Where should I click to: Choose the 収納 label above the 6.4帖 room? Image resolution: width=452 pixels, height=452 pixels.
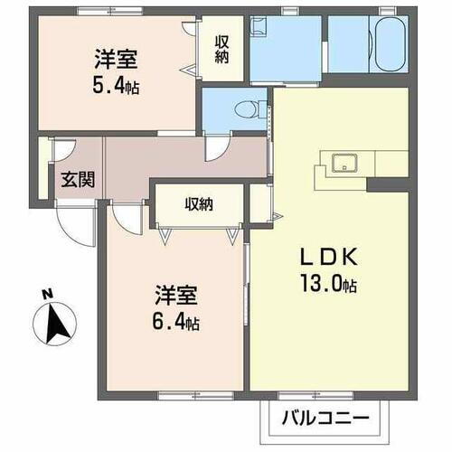click(x=200, y=204)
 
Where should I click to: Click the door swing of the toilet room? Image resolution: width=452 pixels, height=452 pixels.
click(x=218, y=148)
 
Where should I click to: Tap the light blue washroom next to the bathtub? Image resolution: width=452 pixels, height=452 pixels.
click(x=287, y=50)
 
